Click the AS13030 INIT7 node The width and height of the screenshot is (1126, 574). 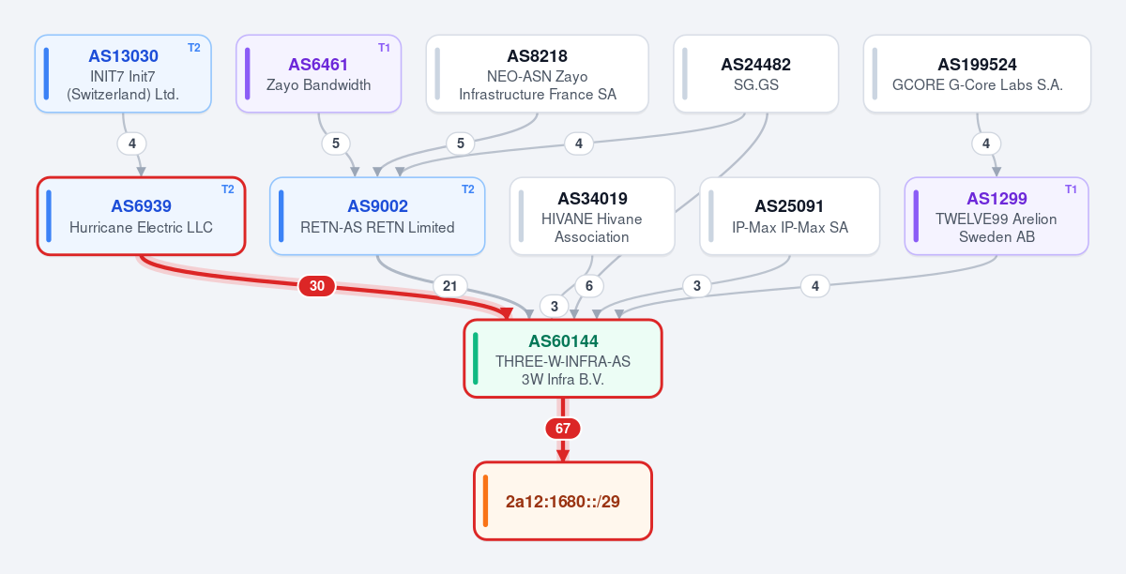123,74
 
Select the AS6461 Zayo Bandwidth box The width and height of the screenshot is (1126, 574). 319,74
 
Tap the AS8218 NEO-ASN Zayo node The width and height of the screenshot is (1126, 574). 538,74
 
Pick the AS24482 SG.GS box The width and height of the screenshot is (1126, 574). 756,74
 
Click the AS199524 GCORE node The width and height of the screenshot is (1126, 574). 977,74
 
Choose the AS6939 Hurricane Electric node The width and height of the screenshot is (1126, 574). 142,216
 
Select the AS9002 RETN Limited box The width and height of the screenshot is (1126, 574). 377,216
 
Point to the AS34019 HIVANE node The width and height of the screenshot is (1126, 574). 592,216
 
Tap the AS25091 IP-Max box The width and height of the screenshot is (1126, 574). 790,216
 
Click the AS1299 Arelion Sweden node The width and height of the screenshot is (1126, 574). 997,216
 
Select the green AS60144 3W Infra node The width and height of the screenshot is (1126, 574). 563,359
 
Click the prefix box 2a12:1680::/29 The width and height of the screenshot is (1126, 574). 563,501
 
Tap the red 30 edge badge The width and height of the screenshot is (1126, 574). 317,286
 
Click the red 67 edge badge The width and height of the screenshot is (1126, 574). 563,429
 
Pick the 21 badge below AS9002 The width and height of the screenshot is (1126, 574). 449,286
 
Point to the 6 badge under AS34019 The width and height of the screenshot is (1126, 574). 589,286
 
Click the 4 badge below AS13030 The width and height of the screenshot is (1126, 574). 132,143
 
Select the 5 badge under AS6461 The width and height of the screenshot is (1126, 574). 336,143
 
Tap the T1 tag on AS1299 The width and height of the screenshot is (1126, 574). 1071,189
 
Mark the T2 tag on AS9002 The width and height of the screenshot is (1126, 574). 468,189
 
